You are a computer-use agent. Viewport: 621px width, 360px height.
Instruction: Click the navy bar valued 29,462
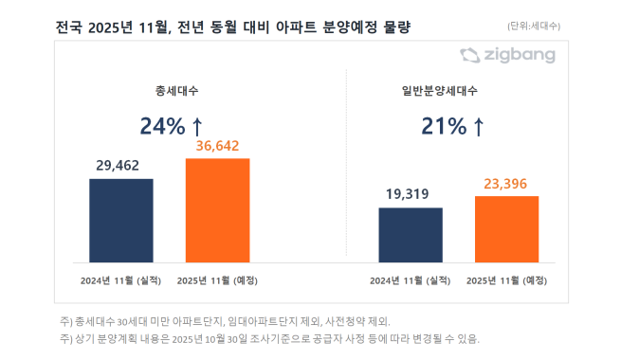coord(121,220)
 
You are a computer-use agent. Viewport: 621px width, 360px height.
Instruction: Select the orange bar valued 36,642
coord(217,209)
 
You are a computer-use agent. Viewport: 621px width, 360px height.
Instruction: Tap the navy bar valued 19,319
coord(410,234)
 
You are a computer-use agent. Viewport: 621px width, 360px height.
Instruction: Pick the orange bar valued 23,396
coord(506,228)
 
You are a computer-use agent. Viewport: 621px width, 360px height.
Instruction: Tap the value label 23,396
coord(506,183)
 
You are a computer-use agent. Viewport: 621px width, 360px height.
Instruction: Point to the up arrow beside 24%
coord(197,125)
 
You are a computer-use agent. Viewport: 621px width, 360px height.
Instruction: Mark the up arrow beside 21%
coord(479,125)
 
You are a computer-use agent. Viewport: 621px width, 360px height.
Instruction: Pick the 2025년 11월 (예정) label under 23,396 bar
coord(505,279)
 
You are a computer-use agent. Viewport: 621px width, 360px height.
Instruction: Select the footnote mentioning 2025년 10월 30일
coord(269,338)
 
